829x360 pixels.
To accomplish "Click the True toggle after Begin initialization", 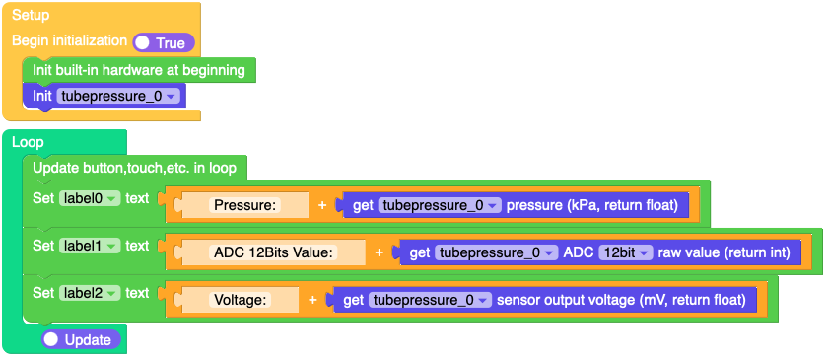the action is (x=164, y=42).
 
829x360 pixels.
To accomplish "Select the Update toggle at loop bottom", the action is (x=81, y=339).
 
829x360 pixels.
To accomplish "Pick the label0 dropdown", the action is (x=89, y=198).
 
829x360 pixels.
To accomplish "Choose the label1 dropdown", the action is (x=89, y=246).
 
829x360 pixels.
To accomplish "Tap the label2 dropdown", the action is (x=89, y=293).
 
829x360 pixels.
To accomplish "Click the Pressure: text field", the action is (x=246, y=205).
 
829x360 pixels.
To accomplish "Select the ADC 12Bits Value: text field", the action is (x=275, y=252).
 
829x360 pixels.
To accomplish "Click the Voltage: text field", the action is (x=242, y=300).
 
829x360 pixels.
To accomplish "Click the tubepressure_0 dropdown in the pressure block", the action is (x=440, y=205).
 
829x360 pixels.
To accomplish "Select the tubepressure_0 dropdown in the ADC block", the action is (x=496, y=252).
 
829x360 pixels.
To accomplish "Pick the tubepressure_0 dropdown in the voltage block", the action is (x=430, y=300).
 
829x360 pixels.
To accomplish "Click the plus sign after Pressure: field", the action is (x=321, y=205).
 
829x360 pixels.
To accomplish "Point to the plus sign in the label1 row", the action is (x=379, y=252).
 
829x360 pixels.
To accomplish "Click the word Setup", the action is (x=31, y=16).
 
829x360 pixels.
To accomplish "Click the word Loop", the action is (x=28, y=142).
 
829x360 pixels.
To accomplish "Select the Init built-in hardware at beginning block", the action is (x=138, y=70).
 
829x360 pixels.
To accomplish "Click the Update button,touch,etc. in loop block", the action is (x=134, y=168).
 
